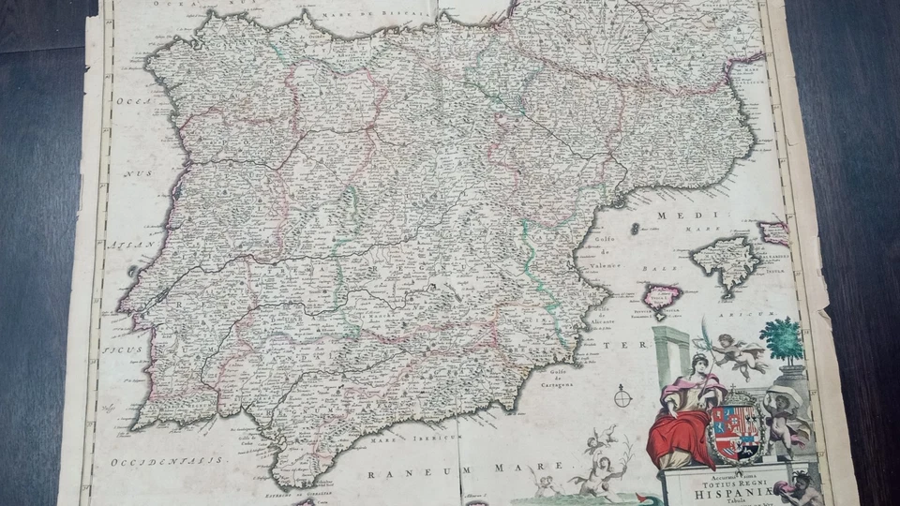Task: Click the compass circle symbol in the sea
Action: [623, 397]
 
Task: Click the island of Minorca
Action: [774, 231]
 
